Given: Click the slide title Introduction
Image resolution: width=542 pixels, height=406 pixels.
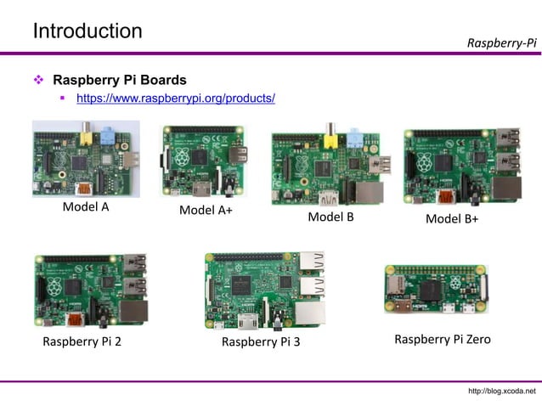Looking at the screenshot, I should (88, 31).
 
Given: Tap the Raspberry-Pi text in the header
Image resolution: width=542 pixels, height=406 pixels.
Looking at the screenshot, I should (502, 42).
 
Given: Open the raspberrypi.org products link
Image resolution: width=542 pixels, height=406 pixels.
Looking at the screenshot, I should (176, 99).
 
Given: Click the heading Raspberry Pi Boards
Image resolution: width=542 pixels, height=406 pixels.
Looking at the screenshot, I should (120, 81).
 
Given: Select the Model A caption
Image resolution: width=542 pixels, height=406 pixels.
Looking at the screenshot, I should (86, 206).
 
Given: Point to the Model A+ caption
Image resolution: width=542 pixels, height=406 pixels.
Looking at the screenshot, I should (206, 211).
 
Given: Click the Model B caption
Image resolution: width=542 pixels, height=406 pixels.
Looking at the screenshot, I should (330, 217).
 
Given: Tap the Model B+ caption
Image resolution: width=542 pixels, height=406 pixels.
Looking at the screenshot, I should (452, 218).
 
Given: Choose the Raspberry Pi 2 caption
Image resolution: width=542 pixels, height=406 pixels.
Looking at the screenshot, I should (82, 342).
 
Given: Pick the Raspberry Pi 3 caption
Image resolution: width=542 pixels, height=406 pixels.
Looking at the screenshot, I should (261, 342).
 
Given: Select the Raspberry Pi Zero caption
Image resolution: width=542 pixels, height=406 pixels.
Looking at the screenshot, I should (442, 340).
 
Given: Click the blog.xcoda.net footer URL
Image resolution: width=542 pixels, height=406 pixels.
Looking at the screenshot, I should (502, 391).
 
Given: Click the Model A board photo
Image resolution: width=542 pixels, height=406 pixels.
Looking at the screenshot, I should (85, 158).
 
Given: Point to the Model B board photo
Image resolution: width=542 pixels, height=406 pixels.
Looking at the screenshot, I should (330, 168).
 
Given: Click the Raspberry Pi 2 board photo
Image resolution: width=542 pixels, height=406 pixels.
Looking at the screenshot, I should (90, 291).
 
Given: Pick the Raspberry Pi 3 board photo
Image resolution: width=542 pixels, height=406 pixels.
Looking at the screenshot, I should (264, 290).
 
